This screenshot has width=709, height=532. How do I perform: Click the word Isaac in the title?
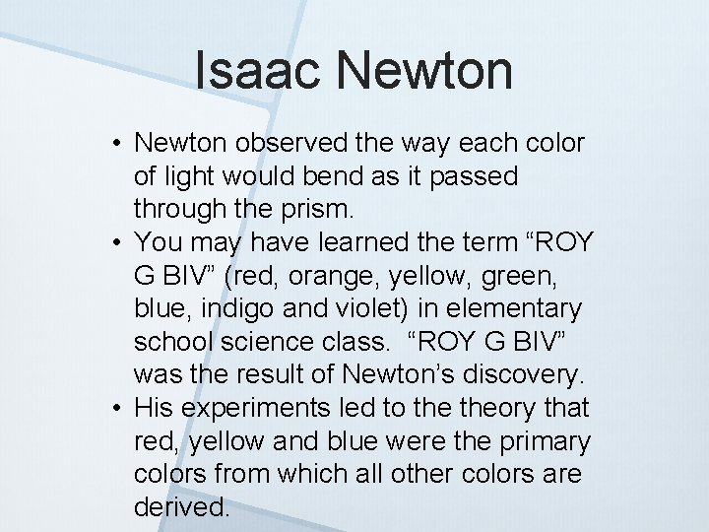click(259, 71)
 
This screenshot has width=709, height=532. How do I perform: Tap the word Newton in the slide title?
click(424, 71)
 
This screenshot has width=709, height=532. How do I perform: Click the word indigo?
click(224, 309)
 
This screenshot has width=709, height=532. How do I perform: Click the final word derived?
click(181, 507)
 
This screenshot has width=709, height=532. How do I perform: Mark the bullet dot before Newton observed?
click(115, 144)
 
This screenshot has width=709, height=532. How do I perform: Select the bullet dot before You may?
click(115, 243)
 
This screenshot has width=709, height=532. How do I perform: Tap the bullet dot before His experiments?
click(115, 409)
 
